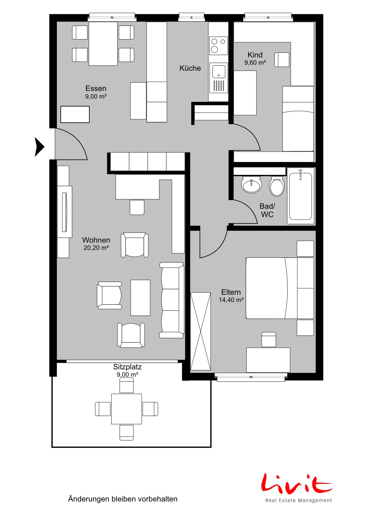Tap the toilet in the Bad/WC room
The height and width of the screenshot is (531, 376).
pos(277,186)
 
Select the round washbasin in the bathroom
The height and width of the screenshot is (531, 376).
pos(251,185)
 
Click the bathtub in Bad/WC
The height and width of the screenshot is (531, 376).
pos(301,195)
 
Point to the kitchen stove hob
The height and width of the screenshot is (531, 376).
pos(219,46)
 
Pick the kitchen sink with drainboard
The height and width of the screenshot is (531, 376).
pos(219,78)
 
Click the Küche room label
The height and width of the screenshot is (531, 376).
pos(190,68)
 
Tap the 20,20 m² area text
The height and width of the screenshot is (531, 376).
pos(96,248)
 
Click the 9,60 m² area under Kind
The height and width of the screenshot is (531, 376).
pos(255,63)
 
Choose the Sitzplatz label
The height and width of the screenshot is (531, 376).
pos(127,367)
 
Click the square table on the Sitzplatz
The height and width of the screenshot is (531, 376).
pos(127,409)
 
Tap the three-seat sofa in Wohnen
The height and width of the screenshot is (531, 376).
pos(172,300)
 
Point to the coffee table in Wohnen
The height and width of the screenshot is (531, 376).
pos(140,298)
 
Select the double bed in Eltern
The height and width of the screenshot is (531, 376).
pos(280,288)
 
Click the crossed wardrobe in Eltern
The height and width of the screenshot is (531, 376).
pos(200,331)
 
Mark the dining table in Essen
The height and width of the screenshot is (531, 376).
pos(103,43)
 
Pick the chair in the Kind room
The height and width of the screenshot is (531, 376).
pos(282,59)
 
